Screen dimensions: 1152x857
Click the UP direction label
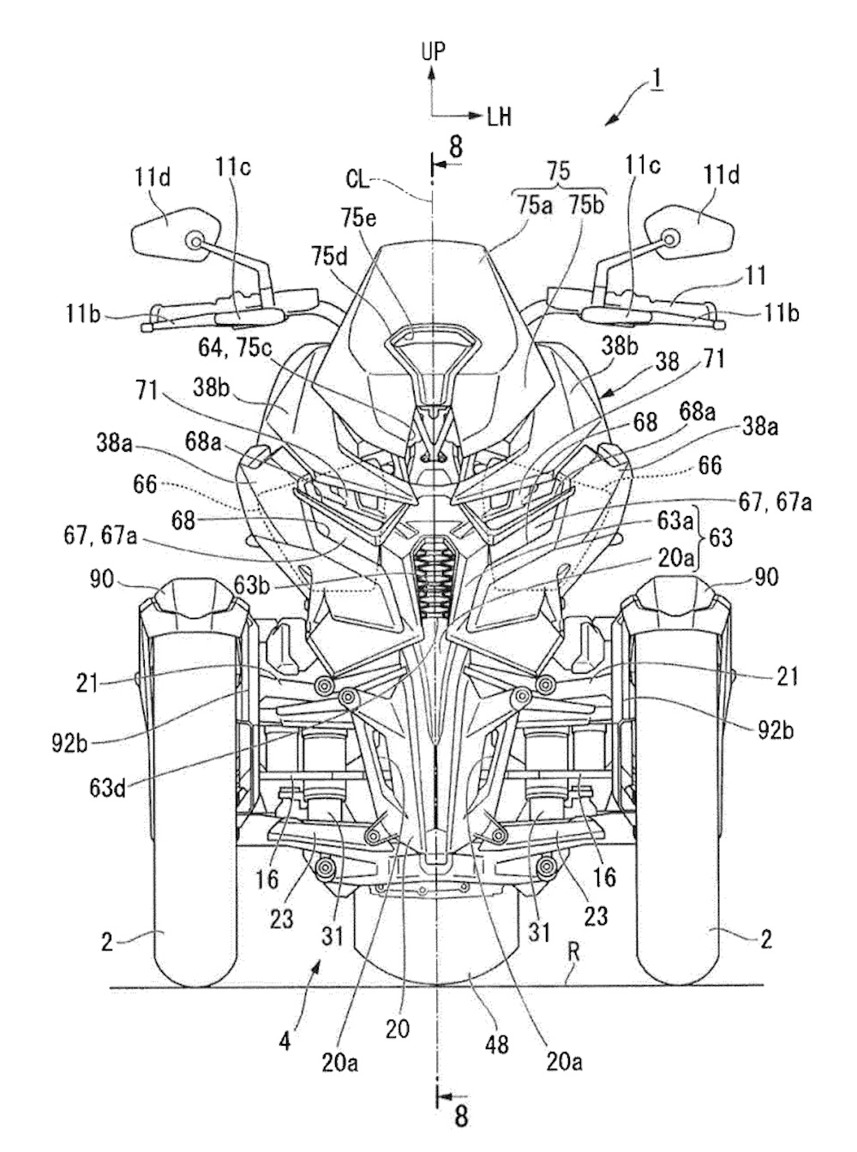click(433, 51)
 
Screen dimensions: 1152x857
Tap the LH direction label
click(499, 117)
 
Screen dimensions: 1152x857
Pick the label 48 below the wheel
click(497, 1044)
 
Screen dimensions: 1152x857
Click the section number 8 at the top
click(455, 147)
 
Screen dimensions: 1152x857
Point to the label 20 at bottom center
click(397, 1028)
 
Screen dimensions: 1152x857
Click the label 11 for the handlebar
click(757, 276)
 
